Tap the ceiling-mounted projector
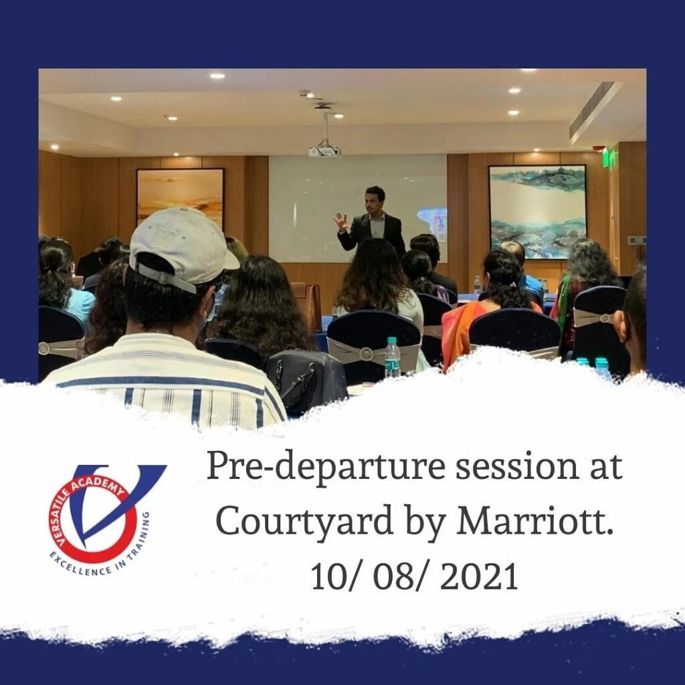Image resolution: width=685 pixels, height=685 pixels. (x=324, y=151)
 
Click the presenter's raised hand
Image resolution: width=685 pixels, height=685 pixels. (x=341, y=221)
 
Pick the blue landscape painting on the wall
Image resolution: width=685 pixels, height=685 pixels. (x=537, y=211)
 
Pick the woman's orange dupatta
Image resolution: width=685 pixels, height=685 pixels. (x=463, y=331)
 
